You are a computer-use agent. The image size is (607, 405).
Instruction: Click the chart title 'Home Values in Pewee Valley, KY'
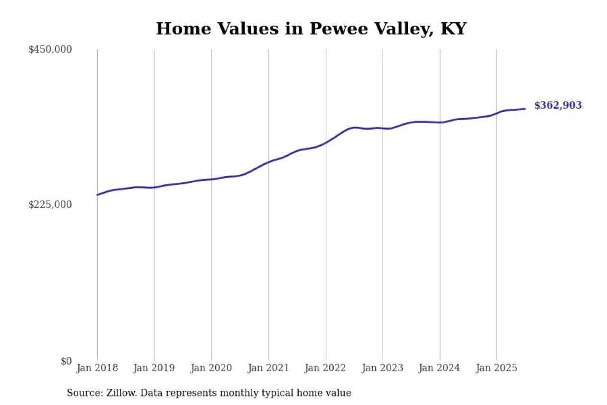point(311,29)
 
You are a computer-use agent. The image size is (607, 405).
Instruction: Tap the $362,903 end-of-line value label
point(558,105)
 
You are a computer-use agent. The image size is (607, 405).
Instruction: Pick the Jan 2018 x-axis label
point(97,368)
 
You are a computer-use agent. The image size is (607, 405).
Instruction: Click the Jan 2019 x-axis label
point(154,368)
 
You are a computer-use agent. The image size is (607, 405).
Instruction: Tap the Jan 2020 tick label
point(211,368)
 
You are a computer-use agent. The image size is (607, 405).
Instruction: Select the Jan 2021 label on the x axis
point(268,368)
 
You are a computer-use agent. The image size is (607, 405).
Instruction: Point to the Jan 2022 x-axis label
point(325,368)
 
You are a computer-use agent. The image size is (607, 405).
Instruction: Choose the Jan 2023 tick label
point(382,368)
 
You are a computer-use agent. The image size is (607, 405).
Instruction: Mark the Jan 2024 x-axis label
point(440,368)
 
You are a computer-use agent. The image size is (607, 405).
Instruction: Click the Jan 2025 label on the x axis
point(497,368)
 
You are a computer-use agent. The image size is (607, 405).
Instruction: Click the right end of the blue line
point(524,109)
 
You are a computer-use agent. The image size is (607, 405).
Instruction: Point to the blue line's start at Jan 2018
point(97,195)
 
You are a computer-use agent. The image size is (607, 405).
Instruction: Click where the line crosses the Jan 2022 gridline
point(326,142)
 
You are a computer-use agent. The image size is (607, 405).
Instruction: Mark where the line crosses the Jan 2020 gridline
point(212,179)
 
